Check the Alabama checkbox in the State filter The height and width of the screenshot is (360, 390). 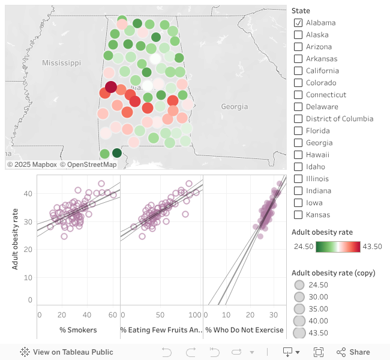[x=298, y=23]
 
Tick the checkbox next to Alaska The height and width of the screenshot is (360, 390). [x=298, y=35]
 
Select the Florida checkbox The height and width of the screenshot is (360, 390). [x=298, y=131]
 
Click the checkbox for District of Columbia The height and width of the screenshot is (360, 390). [x=298, y=119]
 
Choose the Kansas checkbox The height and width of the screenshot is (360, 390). [x=298, y=215]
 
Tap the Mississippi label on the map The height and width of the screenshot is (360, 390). [x=61, y=63]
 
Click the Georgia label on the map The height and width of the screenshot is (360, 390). [x=234, y=107]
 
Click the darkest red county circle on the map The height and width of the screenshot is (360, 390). [x=111, y=87]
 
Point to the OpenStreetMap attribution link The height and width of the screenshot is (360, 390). [x=92, y=164]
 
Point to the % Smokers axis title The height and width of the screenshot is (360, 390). [x=78, y=330]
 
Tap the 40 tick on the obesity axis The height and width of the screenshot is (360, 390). [x=28, y=194]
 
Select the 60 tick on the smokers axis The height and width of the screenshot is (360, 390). [x=113, y=315]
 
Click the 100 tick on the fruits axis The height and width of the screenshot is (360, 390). [x=195, y=315]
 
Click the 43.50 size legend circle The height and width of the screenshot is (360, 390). [x=298, y=334]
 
